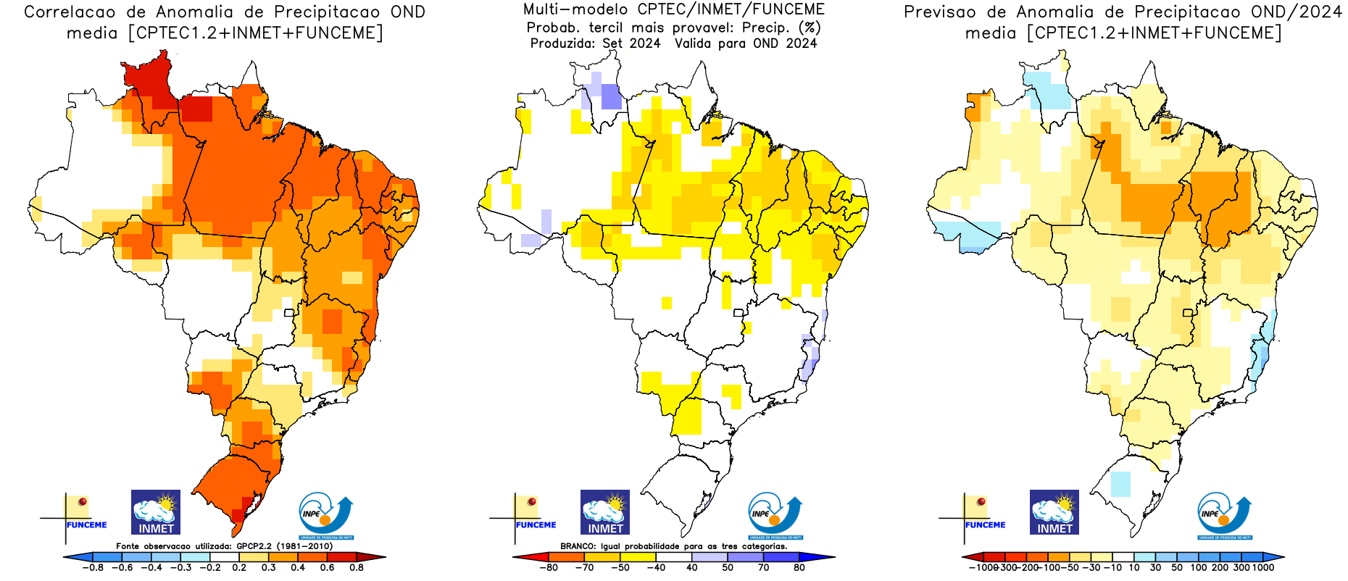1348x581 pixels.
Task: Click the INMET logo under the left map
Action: [x=156, y=512]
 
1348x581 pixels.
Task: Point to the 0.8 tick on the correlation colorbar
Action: [x=357, y=568]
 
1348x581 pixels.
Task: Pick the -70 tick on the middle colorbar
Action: [x=583, y=568]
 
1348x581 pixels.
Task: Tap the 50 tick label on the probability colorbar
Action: [x=728, y=568]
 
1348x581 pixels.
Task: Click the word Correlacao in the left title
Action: [x=70, y=12]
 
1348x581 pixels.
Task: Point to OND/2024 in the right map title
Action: [x=1297, y=12]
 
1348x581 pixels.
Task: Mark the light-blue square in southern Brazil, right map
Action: [x=1120, y=483]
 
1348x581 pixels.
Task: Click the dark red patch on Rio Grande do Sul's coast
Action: [x=247, y=503]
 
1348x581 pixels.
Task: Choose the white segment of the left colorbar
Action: [x=210, y=557]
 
